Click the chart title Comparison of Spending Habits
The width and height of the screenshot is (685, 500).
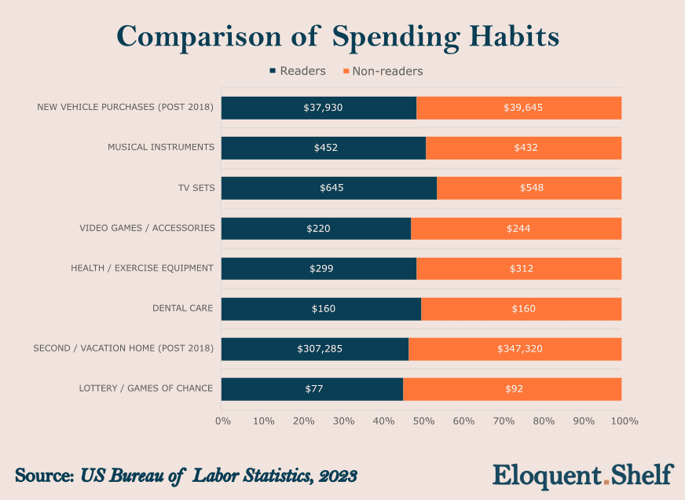(338, 36)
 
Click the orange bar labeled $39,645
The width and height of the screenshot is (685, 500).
(519, 107)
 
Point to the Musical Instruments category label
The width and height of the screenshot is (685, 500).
(161, 147)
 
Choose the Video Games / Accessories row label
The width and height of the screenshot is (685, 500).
(147, 228)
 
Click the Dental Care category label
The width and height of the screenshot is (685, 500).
(182, 308)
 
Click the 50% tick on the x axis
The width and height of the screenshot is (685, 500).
(423, 421)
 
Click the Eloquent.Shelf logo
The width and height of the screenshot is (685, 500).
(583, 476)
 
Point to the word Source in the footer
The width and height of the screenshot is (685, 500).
(43, 476)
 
